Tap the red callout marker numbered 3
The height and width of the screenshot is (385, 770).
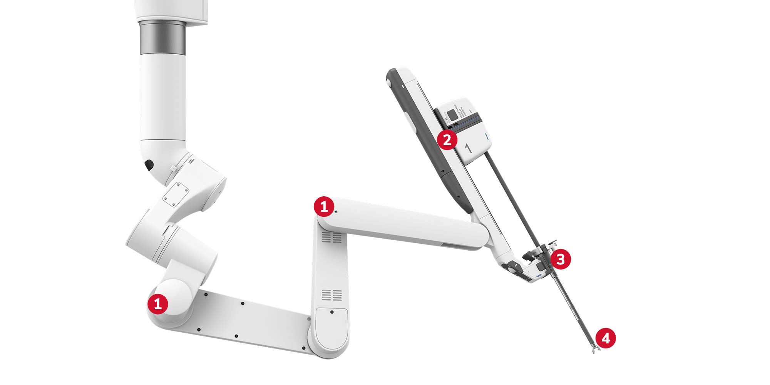click(561, 259)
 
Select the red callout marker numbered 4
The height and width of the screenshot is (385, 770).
click(606, 338)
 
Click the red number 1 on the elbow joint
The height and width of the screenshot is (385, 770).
click(324, 207)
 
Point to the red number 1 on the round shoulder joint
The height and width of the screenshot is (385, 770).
click(157, 304)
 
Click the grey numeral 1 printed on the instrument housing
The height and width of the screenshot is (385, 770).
click(468, 148)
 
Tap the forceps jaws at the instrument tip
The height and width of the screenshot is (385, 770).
click(594, 351)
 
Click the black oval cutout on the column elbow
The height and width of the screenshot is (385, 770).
click(149, 165)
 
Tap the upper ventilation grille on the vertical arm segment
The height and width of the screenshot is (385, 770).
click(331, 238)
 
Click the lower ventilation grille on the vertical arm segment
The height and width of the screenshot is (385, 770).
click(331, 295)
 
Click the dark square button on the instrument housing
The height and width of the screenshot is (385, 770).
click(450, 114)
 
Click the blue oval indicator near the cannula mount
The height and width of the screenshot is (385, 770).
click(538, 276)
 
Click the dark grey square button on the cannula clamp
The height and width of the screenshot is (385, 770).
click(539, 266)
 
